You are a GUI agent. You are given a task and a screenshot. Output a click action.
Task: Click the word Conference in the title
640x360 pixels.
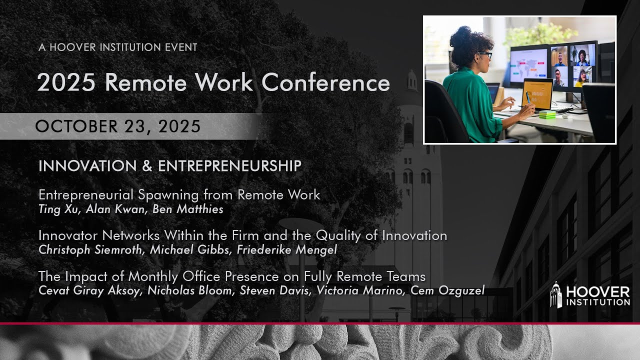point(325,82)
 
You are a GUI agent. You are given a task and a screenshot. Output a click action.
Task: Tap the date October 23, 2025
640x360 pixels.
point(118,126)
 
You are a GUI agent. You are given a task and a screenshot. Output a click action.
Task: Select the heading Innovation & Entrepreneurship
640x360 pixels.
point(170,166)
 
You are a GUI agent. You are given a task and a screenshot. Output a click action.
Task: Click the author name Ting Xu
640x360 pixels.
point(57,209)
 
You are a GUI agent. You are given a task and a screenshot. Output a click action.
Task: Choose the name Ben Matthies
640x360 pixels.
point(187,209)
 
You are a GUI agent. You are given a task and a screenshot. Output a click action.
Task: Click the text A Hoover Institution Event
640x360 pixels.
point(118,47)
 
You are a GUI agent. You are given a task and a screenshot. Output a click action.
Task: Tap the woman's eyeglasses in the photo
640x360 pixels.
point(485,54)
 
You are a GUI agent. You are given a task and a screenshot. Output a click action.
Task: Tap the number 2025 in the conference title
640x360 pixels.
point(66,82)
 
